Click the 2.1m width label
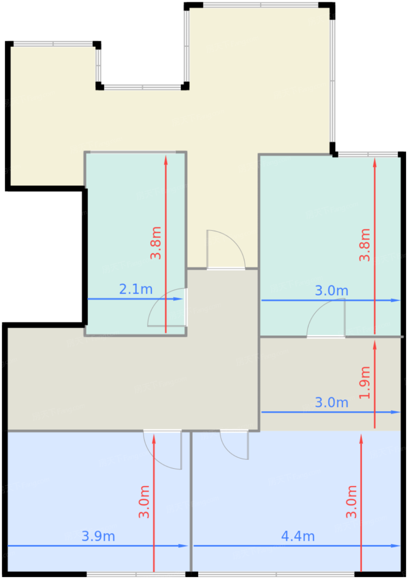136,289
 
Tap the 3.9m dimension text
98,536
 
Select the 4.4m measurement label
298,536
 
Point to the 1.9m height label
365,383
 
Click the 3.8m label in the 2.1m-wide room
156,243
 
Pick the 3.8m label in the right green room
365,245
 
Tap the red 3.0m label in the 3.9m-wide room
144,502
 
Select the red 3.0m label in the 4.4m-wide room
351,502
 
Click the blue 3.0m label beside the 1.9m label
332,402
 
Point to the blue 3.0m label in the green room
332,291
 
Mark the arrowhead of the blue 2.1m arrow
178,299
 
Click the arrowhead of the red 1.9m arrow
375,345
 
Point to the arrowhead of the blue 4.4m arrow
395,546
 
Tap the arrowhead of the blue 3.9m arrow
183,546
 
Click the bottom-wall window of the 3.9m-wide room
136,574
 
